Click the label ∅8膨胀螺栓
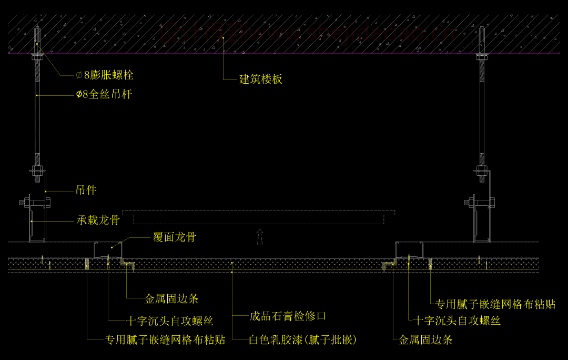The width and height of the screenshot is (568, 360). click(105, 75)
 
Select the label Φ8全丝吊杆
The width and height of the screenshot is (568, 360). click(104, 95)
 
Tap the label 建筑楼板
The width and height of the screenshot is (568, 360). click(261, 79)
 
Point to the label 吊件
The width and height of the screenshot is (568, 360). click(86, 190)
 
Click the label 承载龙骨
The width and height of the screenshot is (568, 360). click(98, 220)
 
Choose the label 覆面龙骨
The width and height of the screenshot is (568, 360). click(175, 237)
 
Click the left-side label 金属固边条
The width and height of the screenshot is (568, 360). click(171, 299)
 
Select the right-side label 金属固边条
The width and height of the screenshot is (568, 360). click(425, 340)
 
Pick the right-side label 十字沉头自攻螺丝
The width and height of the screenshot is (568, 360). click(457, 321)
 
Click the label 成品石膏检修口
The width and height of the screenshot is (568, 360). click(288, 316)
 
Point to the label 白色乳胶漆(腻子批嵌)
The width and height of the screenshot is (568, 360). click(303, 340)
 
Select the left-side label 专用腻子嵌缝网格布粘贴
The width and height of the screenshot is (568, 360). click(165, 340)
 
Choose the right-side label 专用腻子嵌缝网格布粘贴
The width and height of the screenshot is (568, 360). click(495, 304)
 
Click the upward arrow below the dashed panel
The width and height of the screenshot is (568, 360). click(259, 236)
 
